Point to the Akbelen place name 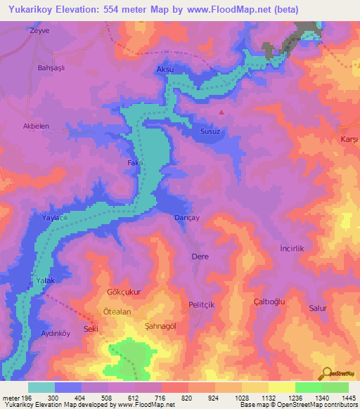click(x=37, y=126)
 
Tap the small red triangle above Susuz click(x=222, y=111)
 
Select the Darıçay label click(x=187, y=218)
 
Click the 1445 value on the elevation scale click(x=348, y=398)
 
